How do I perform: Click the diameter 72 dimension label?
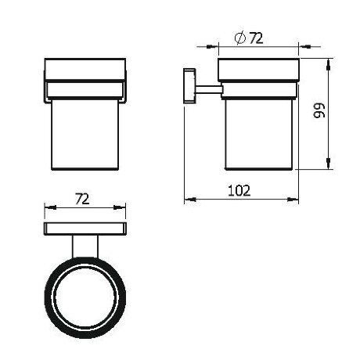pyautogui.click(x=249, y=38)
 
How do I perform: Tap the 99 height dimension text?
pyautogui.click(x=319, y=110)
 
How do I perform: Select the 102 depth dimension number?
pyautogui.click(x=239, y=190)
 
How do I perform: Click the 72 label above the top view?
pyautogui.click(x=82, y=199)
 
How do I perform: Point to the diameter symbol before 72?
pyautogui.click(x=240, y=38)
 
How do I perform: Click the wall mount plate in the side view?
pyautogui.click(x=189, y=86)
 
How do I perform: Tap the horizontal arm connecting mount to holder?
pyautogui.click(x=209, y=89)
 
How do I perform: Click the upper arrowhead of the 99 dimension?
pyautogui.click(x=328, y=65)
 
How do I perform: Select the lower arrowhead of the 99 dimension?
pyautogui.click(x=328, y=164)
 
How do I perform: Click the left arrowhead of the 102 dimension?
pyautogui.click(x=190, y=200)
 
